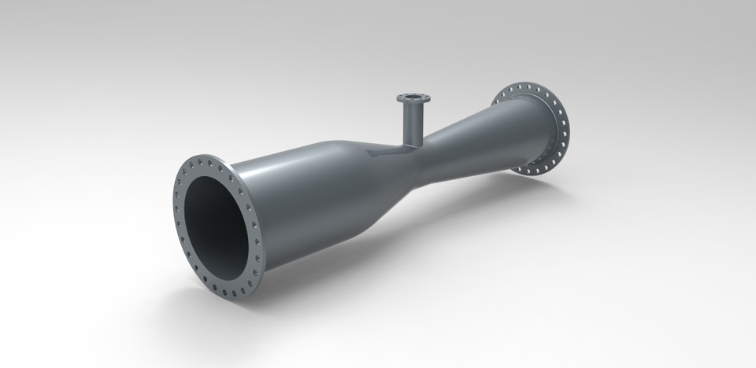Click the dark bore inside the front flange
(x=217, y=227)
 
